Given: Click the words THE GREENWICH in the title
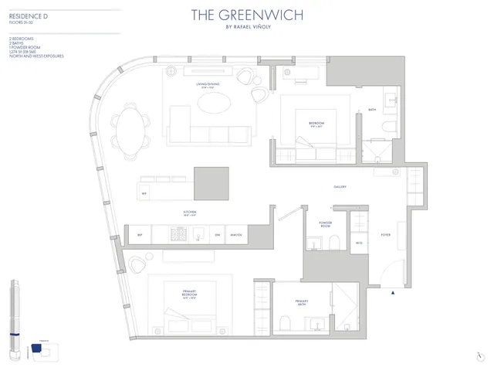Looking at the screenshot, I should coord(246,13).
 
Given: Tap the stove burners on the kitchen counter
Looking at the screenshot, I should coord(178,234).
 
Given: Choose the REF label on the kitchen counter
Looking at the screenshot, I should coord(140,234).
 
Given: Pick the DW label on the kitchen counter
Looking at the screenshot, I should coord(218,234).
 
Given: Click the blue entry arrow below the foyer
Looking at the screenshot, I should coord(394,293).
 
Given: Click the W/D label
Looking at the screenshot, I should coord(360,242).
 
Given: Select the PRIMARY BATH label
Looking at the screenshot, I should coord(301,303).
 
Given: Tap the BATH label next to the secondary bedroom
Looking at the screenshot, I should coord(371,111).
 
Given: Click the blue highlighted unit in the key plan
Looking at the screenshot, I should coord(35,349).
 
